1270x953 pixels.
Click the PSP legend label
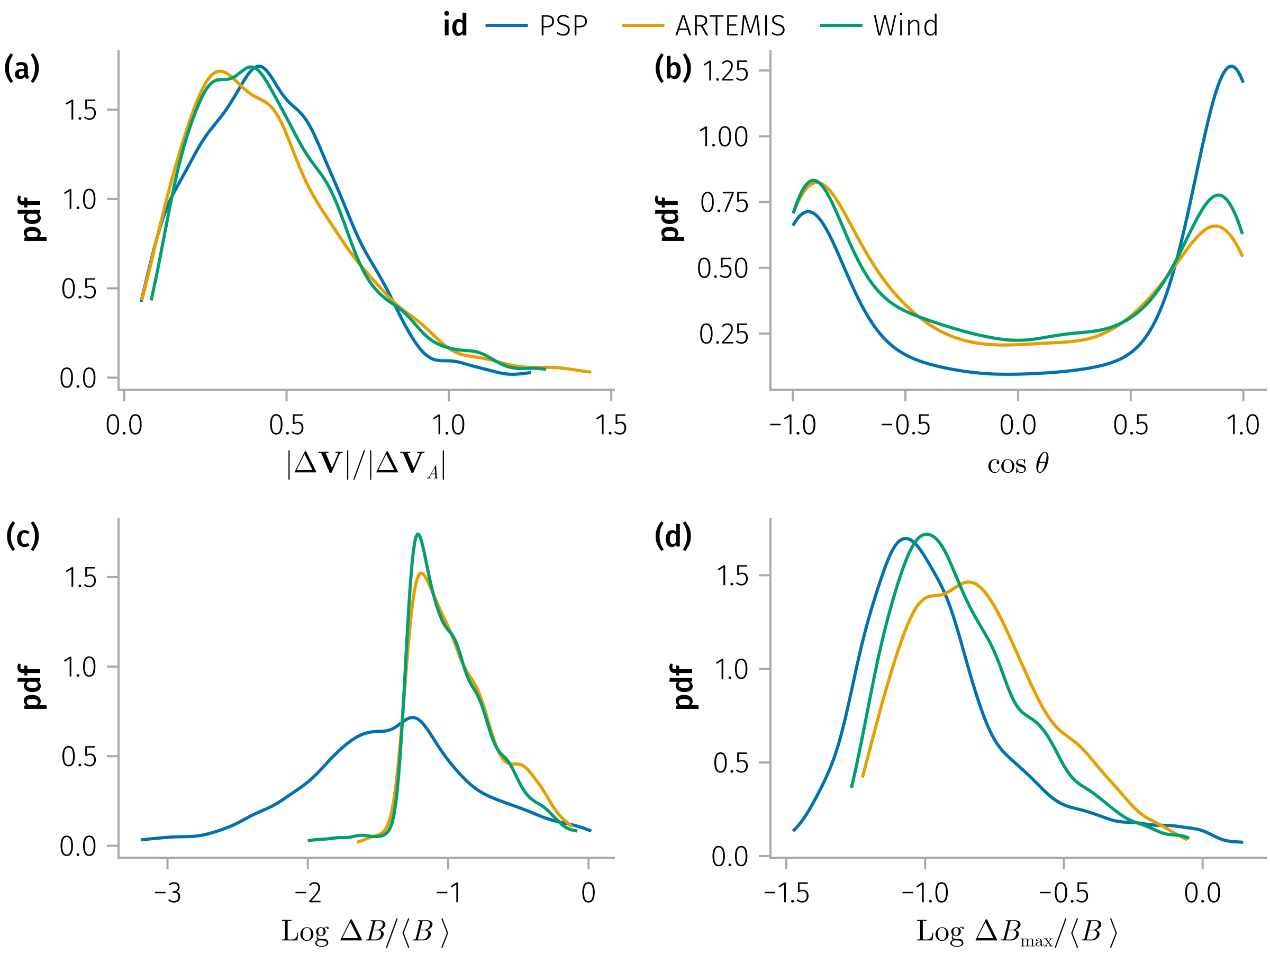pos(563,26)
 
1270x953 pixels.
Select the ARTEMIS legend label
pos(730,26)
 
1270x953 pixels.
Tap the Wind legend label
pos(905,26)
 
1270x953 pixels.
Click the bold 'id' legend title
pos(455,26)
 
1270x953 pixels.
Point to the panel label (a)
pos(22,68)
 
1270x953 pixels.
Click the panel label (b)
pos(673,68)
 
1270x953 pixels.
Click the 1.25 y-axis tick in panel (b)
pos(725,71)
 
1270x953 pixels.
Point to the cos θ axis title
pos(1018,464)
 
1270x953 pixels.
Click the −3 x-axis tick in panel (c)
pos(167,893)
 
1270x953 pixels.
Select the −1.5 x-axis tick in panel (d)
pos(786,893)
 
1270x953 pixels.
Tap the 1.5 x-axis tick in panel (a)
pos(611,425)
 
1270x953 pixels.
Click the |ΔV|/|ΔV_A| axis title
pos(366,464)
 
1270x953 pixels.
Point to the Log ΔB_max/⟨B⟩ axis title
pos(1016,932)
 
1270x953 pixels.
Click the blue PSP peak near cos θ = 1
pos(1230,67)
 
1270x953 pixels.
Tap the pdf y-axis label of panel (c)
pos(32,687)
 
